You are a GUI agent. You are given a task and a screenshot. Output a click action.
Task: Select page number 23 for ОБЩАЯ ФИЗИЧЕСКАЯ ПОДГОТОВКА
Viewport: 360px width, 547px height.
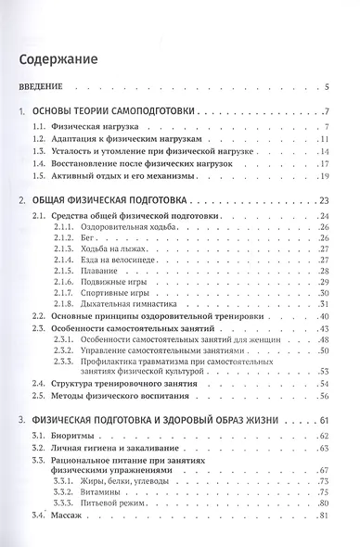tap(326, 200)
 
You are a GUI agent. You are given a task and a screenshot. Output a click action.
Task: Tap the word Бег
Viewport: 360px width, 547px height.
tap(87, 238)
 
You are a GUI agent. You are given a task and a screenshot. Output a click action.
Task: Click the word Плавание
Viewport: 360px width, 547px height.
tap(96, 272)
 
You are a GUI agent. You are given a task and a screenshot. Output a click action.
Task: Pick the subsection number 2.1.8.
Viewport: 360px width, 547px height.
tap(64, 305)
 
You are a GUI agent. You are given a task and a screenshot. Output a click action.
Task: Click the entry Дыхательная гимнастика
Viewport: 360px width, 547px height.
tap(120, 305)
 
